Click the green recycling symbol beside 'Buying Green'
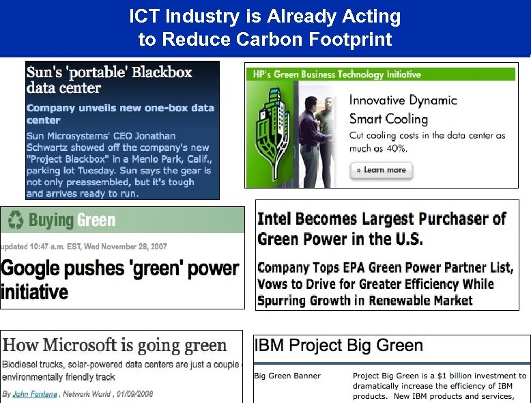click(x=15, y=220)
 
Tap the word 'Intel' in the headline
click(x=278, y=219)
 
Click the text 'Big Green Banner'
click(x=287, y=376)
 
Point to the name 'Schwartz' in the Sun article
click(x=51, y=147)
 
